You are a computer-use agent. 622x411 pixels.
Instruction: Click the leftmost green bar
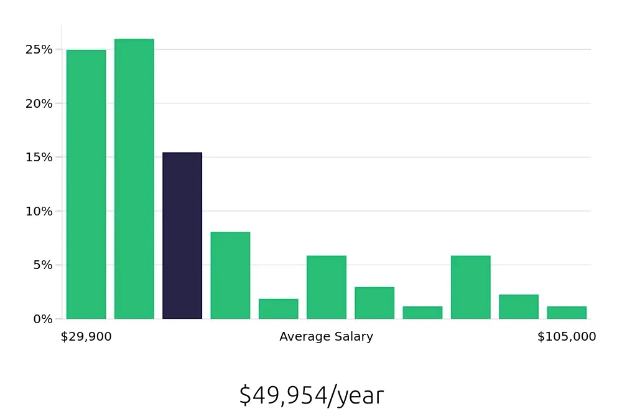point(86,184)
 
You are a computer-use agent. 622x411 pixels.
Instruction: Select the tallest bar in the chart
point(134,179)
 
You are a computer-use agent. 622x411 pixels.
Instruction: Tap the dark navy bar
point(182,235)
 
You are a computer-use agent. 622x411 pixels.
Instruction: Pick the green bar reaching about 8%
point(230,275)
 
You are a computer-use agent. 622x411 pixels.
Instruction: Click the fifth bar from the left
point(278,309)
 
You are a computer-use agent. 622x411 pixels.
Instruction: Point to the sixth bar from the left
point(326,287)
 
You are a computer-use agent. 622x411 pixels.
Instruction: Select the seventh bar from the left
point(374,303)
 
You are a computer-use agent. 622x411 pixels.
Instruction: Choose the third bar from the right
point(470,287)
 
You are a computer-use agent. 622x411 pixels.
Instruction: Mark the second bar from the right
point(518,306)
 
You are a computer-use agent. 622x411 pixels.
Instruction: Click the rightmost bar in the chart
point(567,313)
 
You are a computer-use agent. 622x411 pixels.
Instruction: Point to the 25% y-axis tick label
point(39,49)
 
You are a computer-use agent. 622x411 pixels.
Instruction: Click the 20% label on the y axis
point(39,103)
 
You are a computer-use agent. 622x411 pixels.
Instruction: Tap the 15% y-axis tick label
point(39,157)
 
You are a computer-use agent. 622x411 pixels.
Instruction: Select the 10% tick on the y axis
point(39,211)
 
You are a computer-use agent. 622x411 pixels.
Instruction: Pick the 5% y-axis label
point(42,265)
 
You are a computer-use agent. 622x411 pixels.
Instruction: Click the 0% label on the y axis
point(42,319)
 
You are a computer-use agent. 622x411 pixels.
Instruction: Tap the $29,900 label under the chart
point(86,337)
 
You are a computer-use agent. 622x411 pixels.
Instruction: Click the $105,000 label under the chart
point(567,337)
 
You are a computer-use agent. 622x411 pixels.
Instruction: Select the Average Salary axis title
point(326,337)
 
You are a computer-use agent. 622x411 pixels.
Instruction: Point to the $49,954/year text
point(311,395)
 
